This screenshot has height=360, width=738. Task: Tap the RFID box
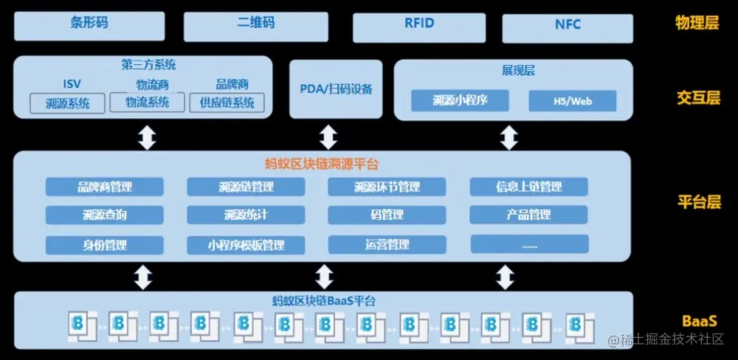[x=419, y=25]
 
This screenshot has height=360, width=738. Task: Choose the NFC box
[x=568, y=26]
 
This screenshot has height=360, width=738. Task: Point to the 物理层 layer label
[x=697, y=23]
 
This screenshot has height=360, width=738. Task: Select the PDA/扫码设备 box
[x=336, y=89]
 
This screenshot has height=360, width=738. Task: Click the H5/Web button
[x=573, y=101]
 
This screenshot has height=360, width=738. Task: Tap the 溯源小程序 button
[x=461, y=101]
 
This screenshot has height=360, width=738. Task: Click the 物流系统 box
[x=147, y=103]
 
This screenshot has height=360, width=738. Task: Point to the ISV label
[x=72, y=85]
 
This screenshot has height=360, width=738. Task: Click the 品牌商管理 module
[x=104, y=187]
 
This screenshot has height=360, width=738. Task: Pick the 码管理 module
[x=387, y=215]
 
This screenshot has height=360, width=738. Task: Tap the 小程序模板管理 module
[x=246, y=244]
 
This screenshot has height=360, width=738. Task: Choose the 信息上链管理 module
[x=528, y=187]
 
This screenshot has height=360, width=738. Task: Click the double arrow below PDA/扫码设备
[x=328, y=136]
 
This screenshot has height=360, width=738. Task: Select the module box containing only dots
[x=529, y=244]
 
